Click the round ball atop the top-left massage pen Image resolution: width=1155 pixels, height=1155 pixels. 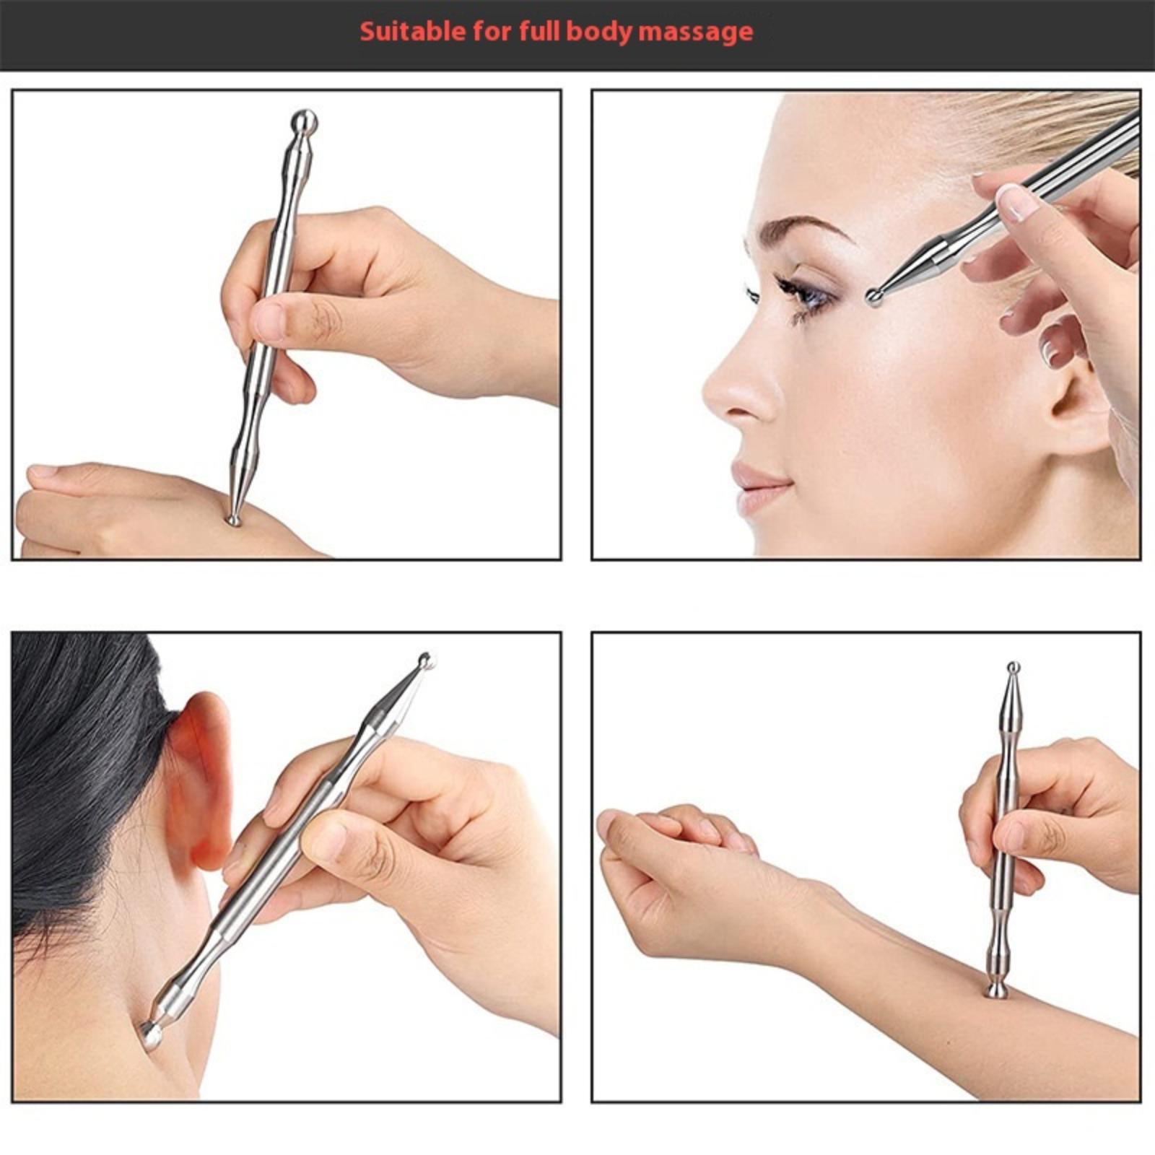point(304,121)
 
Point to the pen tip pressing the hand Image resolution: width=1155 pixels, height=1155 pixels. point(233,520)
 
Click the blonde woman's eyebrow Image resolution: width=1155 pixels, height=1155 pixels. point(808,230)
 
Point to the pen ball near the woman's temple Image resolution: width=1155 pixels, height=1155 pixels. point(876,296)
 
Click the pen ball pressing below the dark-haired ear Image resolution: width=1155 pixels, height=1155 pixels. point(151,1035)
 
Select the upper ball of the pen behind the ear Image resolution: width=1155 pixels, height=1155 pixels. point(427,660)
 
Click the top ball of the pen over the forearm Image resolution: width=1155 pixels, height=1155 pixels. point(1014,668)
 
